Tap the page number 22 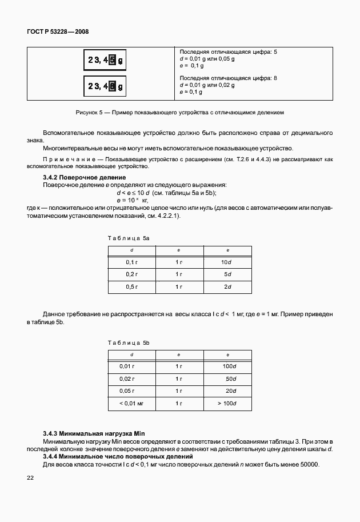point(30,478)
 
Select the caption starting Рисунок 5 point(179,113)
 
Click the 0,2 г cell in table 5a point(131,274)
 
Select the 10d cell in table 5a point(227,262)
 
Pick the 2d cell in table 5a point(227,286)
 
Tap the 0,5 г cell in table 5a point(131,286)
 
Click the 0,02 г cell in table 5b point(127,378)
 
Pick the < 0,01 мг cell point(130,404)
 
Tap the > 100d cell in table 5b point(227,404)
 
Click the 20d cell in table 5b point(230,391)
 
